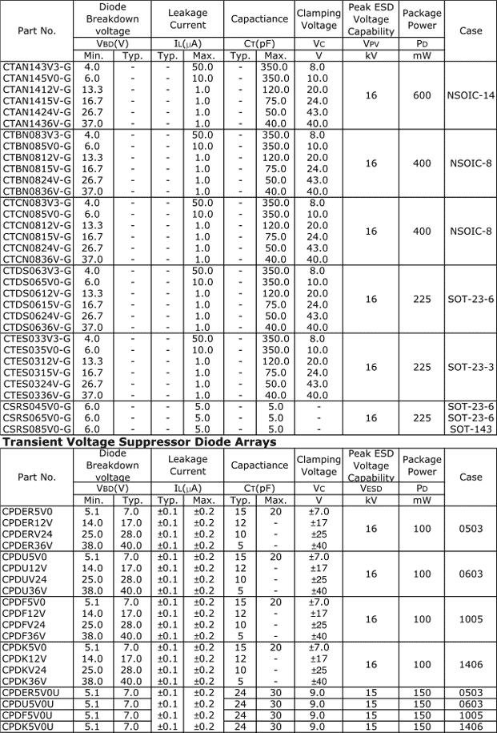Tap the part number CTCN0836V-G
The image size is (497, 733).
[x=37, y=260]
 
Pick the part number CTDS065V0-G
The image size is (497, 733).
[x=37, y=282]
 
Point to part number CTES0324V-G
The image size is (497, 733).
[x=37, y=384]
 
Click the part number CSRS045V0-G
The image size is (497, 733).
[x=37, y=406]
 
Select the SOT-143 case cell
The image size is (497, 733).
[x=471, y=429]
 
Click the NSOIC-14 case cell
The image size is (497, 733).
[x=471, y=95]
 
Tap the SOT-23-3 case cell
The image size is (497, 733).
[x=471, y=367]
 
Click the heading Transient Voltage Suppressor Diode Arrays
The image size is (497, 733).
[x=139, y=441]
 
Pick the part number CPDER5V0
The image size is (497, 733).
[x=28, y=511]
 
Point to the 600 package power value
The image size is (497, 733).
[x=422, y=95]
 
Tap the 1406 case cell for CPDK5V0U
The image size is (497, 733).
[x=471, y=726]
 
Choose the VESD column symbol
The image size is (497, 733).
[x=371, y=488]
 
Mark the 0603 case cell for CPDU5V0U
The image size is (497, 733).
[x=471, y=703]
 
